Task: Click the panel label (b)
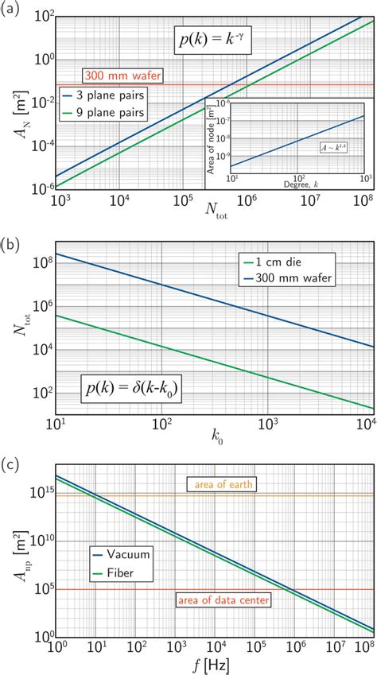(11, 235)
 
